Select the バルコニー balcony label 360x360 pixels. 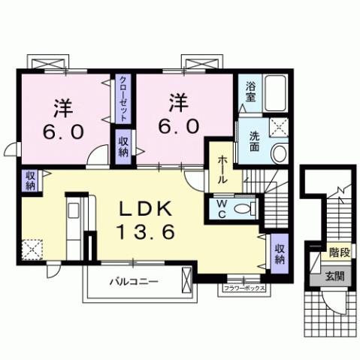click(x=132, y=283)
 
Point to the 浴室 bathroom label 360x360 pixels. click(x=251, y=92)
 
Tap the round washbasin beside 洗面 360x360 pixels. click(x=278, y=153)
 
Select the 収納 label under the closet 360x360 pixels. click(x=123, y=144)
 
